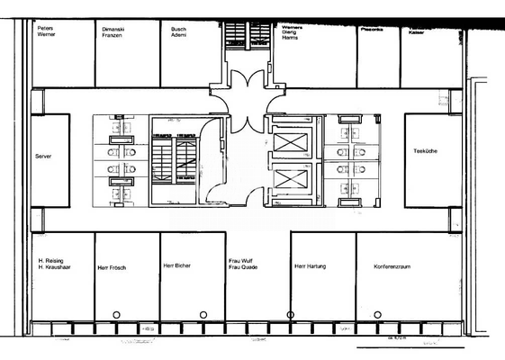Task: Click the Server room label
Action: coord(43,156)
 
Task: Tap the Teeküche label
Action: coord(426,150)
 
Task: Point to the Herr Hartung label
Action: coord(310,265)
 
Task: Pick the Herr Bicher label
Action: coord(176,265)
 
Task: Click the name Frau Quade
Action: coord(244,267)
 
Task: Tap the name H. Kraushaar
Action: coord(54,268)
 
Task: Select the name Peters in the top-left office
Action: coord(45,28)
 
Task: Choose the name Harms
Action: coord(291,38)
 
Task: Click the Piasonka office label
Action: coord(373,30)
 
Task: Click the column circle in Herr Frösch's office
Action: coord(116,314)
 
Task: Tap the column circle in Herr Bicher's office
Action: coord(203,314)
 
